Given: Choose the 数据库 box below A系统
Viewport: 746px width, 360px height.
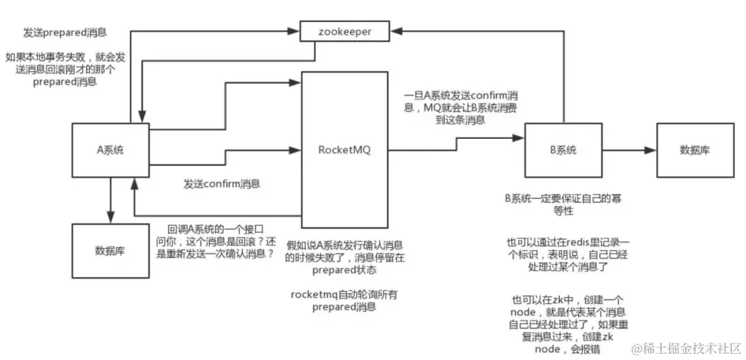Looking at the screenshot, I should click(x=110, y=250).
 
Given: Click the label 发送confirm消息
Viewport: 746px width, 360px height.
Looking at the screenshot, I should click(x=222, y=184).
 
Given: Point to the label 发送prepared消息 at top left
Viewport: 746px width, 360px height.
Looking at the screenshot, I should click(x=66, y=32).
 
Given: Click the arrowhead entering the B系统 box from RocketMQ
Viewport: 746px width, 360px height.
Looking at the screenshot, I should click(x=519, y=138).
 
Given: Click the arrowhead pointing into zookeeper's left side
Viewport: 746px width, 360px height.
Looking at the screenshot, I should click(x=295, y=31).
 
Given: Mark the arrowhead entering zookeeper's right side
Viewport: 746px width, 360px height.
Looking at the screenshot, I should click(x=395, y=31).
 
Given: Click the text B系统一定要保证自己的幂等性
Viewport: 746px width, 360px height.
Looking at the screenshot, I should click(x=558, y=205).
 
